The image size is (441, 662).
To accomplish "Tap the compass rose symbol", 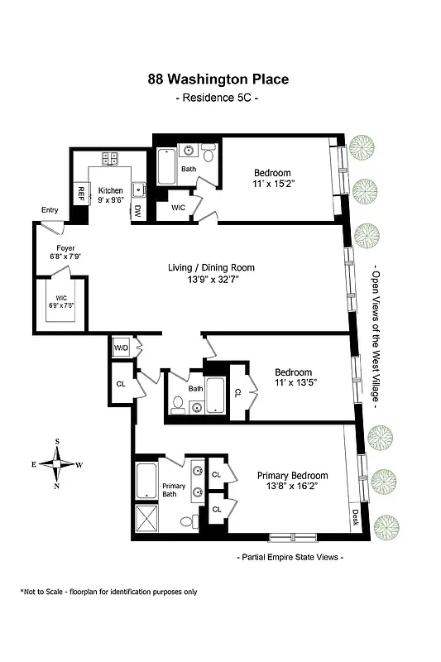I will coord(56,464).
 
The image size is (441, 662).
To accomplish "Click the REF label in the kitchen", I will coord(81,193).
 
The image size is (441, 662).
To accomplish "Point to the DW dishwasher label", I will coord(138,211).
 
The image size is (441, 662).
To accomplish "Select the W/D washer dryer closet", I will coord(122,348).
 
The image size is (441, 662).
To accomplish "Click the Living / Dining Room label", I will coord(219,267).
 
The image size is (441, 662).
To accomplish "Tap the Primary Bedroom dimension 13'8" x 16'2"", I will coord(292,488).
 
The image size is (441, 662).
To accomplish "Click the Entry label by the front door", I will coord(50,210).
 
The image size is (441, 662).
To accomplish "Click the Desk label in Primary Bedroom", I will coord(356,518).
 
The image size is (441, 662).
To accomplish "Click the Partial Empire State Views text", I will coord(290,557).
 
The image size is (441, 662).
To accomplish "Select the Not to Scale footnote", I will coord(108,592).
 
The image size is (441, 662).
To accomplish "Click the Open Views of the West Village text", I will coord(375,339).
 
